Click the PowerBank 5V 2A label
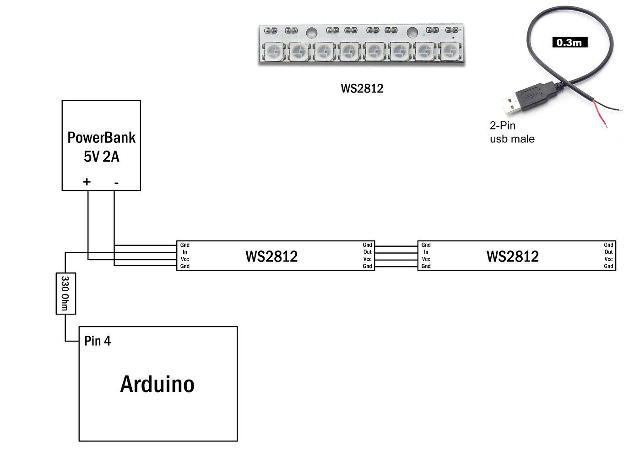coord(101,147)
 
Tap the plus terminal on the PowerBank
coord(87,182)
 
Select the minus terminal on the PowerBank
coord(117,183)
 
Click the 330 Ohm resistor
coord(65,294)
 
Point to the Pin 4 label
coord(98,341)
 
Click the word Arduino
coord(157,384)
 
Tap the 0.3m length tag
coord(569,43)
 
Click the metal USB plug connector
coord(511,105)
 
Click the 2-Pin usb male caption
coord(512,132)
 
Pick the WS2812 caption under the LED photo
coord(362,88)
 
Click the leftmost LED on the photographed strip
coord(273,51)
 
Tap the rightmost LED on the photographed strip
coord(450,51)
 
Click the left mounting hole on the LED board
coord(311,32)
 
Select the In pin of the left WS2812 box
coord(185,252)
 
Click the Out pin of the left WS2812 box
coord(367,252)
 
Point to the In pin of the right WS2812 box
coord(426,252)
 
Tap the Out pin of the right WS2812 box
coord(608,252)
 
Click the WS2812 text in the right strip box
coord(512,256)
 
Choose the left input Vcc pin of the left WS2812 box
coord(185,259)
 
